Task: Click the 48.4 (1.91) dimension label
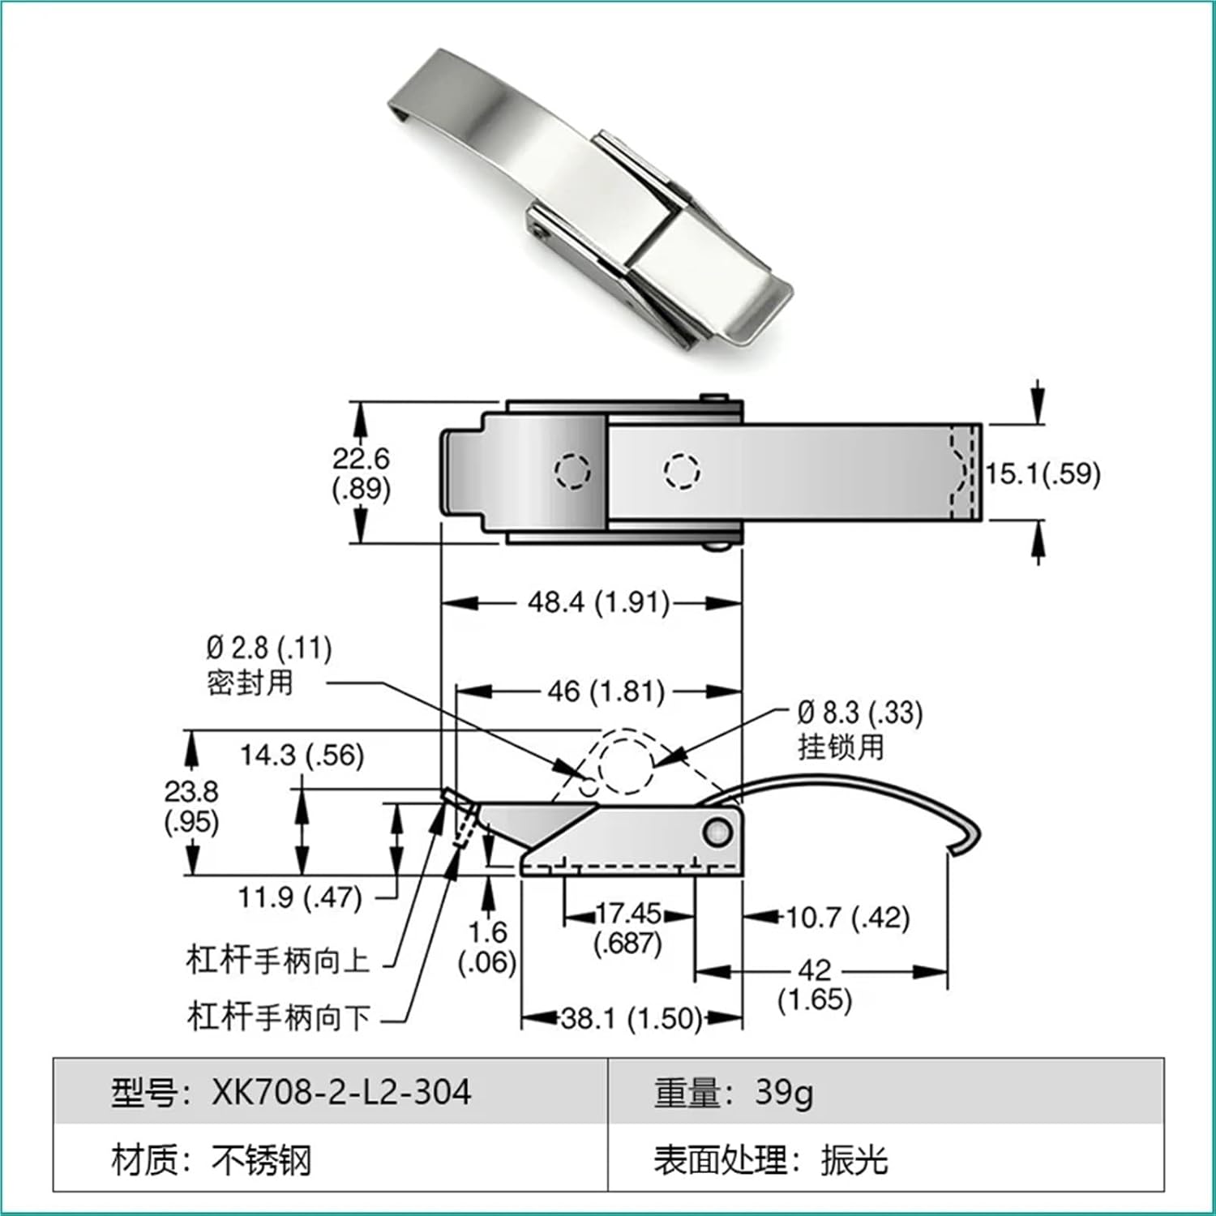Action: [598, 603]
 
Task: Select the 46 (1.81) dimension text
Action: [606, 692]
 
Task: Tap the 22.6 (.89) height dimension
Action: [361, 473]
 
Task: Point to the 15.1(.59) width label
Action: [1043, 473]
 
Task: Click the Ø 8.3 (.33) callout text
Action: [859, 713]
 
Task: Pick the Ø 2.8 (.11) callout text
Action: [268, 649]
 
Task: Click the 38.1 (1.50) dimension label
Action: [631, 1018]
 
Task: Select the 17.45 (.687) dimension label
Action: [628, 928]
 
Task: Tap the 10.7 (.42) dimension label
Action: [847, 918]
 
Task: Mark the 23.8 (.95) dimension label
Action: [191, 806]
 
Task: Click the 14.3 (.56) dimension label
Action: [302, 756]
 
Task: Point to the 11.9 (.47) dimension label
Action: [300, 898]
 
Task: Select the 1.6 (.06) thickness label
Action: [487, 947]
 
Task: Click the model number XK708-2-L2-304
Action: [340, 1093]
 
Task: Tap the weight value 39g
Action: [783, 1093]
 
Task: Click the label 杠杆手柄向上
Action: [278, 960]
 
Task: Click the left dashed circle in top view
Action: [572, 471]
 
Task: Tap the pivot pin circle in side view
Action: [717, 832]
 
